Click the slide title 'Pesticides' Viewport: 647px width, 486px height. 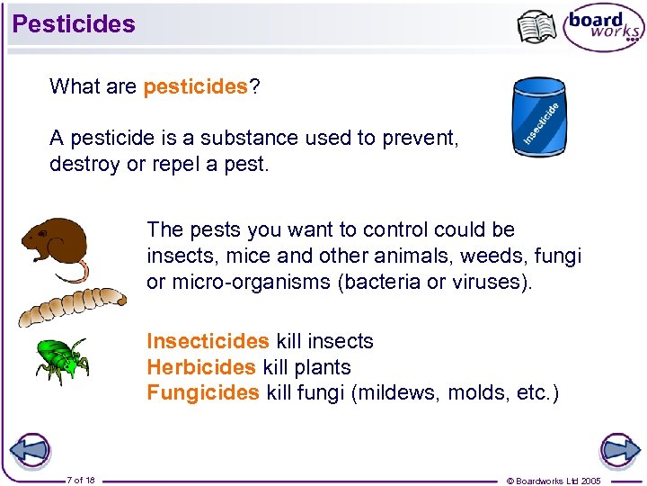[74, 24]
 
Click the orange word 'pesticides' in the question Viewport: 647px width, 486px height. [195, 86]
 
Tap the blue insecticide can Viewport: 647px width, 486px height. [539, 116]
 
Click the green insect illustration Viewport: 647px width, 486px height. [61, 360]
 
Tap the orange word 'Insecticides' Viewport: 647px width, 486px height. [208, 341]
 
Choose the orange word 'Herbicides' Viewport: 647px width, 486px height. [201, 367]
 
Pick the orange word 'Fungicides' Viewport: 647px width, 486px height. [203, 393]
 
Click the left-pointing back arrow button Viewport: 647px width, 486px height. [29, 450]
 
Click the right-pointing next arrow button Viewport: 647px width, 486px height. [618, 450]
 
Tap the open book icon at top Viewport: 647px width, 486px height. [537, 27]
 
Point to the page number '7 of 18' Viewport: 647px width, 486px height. [81, 480]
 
